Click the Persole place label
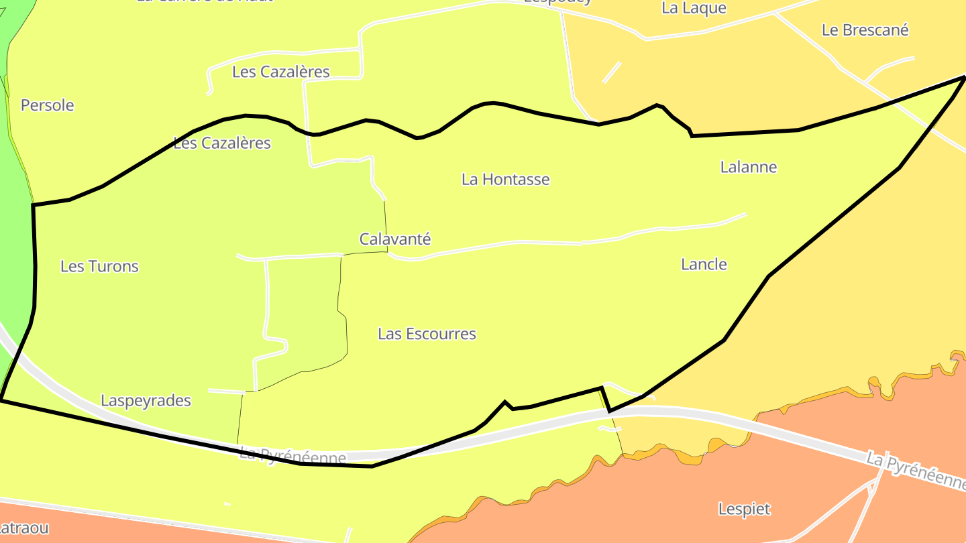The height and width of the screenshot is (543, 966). click(47, 105)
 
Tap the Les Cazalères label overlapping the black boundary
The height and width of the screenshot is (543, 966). click(222, 143)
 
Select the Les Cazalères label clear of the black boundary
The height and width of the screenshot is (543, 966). click(280, 72)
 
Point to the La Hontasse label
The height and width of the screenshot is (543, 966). click(505, 179)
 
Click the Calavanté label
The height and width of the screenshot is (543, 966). click(395, 239)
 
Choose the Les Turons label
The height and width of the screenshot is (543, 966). click(99, 266)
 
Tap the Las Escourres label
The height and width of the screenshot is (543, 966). click(427, 334)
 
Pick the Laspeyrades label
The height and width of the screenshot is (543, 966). click(146, 401)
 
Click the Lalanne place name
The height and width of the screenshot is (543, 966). click(748, 167)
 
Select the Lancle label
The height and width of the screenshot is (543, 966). click(704, 264)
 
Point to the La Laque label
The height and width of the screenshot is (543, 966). click(694, 8)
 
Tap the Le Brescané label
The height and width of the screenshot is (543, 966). click(865, 30)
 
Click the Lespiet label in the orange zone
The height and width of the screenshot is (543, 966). click(744, 509)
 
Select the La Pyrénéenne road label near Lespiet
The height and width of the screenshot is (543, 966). click(915, 469)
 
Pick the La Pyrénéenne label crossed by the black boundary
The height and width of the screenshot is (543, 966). click(293, 457)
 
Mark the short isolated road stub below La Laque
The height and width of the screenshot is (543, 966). click(612, 72)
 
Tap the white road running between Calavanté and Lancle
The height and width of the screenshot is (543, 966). click(550, 243)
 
